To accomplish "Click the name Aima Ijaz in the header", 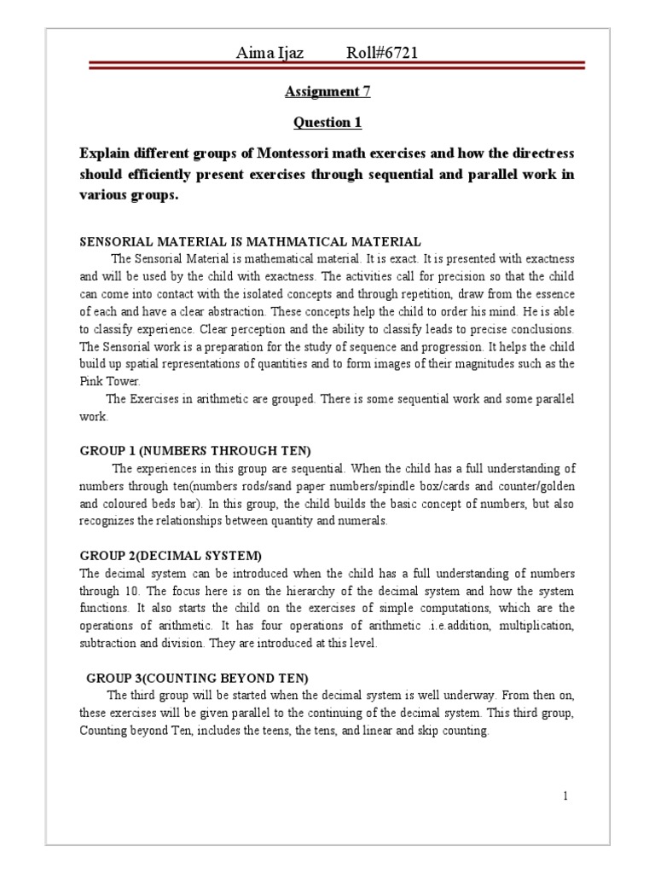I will (x=270, y=55).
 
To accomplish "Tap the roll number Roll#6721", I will (x=381, y=55).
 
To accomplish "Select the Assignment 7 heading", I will (x=327, y=91).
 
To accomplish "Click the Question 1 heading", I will (x=327, y=123).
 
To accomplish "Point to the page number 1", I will (x=565, y=796).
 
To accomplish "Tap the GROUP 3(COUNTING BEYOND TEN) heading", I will (x=197, y=679).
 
